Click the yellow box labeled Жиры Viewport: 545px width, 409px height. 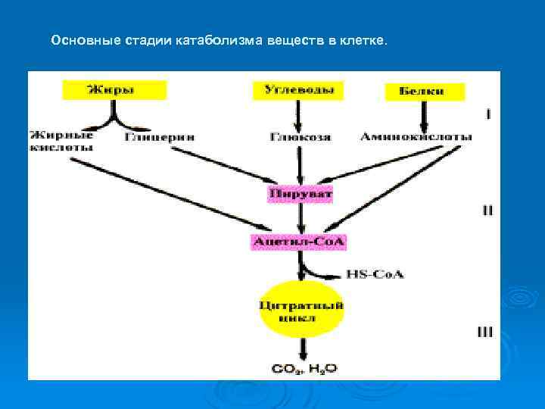click(x=114, y=90)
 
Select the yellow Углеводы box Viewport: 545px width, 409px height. click(x=297, y=90)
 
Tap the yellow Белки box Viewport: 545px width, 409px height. click(x=424, y=92)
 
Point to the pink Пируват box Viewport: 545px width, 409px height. click(x=301, y=195)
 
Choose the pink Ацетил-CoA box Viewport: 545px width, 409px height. click(x=301, y=242)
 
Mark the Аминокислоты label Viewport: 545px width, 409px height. click(x=416, y=137)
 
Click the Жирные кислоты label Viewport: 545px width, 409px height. click(x=62, y=142)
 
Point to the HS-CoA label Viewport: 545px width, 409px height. click(x=375, y=273)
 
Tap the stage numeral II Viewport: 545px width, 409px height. click(x=488, y=210)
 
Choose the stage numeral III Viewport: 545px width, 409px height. click(x=486, y=331)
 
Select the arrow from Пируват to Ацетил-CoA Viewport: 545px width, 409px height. click(x=301, y=218)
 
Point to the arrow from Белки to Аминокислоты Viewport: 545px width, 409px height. click(x=423, y=116)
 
